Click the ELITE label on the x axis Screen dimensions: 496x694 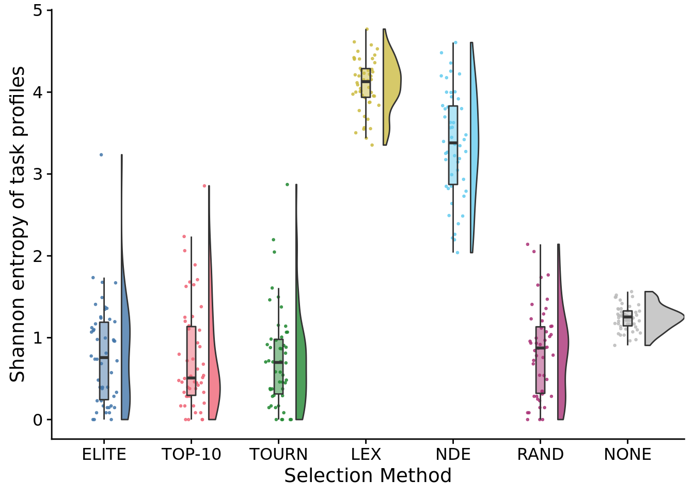[x=104, y=455]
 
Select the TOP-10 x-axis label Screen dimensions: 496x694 [x=191, y=455]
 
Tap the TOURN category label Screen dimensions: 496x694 [x=278, y=455]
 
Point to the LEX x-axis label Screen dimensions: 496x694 [x=366, y=455]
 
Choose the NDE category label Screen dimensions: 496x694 [x=453, y=455]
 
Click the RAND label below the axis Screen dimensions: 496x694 [x=540, y=455]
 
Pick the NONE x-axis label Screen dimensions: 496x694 [x=627, y=455]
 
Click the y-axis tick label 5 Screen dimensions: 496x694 [x=38, y=11]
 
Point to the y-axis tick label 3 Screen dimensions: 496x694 [x=38, y=175]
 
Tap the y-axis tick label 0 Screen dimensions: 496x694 [x=38, y=420]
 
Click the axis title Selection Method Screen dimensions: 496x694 [x=368, y=476]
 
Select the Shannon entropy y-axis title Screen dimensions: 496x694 [x=18, y=224]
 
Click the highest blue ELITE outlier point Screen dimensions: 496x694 [x=101, y=154]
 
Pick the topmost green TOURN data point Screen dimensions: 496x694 [x=288, y=184]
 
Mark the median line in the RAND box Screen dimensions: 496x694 [x=540, y=348]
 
